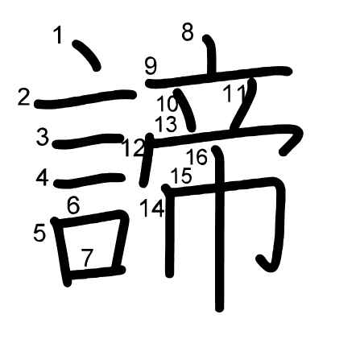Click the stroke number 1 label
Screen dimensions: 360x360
point(58,35)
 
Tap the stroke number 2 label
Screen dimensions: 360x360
point(23,97)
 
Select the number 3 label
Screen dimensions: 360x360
point(43,137)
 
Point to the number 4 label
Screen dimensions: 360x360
point(43,177)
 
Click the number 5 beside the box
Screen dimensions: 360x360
point(39,233)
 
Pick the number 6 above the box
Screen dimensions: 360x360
point(73,205)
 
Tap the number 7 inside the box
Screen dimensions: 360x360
point(87,258)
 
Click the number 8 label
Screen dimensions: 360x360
point(188,32)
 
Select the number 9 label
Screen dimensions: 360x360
point(151,66)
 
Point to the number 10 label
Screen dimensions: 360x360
point(167,104)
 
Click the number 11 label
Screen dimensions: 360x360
point(235,93)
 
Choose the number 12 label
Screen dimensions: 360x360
point(134,148)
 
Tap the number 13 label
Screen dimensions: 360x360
point(166,124)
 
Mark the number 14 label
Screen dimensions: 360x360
point(152,208)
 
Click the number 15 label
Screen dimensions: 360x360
point(181,176)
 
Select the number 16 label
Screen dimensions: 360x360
point(197,157)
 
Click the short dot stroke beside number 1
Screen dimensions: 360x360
point(86,55)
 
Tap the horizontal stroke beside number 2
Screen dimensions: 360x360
point(85,99)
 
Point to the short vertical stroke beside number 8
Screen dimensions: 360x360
point(210,55)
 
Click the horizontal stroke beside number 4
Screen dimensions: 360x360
point(89,180)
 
